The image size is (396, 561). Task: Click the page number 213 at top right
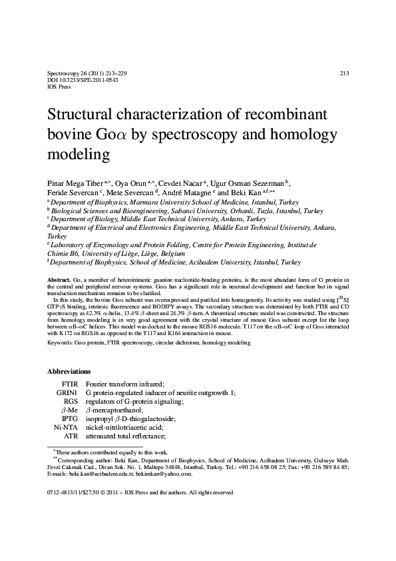(x=344, y=73)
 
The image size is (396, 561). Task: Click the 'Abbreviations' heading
(x=71, y=370)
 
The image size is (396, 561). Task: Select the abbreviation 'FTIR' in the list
(x=70, y=384)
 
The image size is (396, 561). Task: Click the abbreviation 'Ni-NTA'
(x=67, y=427)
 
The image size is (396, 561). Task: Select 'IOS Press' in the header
(x=60, y=86)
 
